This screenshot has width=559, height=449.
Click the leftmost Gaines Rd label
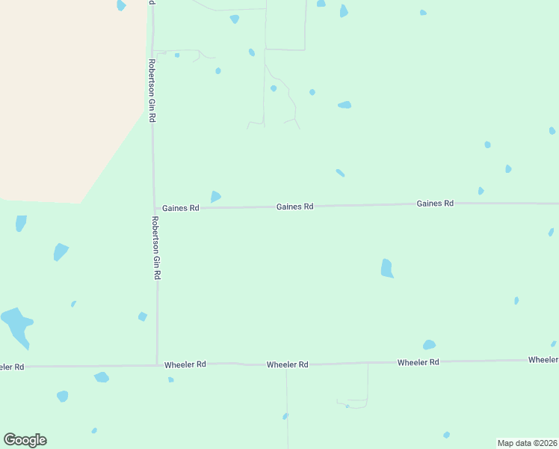coord(180,207)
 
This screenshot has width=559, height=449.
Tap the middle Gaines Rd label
coord(294,207)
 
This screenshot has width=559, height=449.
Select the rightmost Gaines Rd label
coord(435,204)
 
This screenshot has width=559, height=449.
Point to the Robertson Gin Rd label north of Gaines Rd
coord(152,91)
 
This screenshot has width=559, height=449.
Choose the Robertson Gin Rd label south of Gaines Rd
coord(155,248)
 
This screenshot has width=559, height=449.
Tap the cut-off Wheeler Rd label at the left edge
coord(12,367)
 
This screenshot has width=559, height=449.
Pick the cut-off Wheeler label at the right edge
coord(543,360)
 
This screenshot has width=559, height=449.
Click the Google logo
coord(25,440)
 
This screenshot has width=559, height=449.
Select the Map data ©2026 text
coord(527,442)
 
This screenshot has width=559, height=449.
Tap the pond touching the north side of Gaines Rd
coord(215,197)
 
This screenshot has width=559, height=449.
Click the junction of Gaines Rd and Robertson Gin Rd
coord(155,207)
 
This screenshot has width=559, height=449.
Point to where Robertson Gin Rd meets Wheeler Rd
coord(157,365)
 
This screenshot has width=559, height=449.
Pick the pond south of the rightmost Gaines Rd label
coord(386,269)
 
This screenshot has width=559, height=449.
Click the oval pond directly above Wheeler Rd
coord(429,345)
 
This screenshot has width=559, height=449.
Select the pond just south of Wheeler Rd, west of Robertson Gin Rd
coord(102,377)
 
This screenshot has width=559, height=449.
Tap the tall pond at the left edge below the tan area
coord(21,223)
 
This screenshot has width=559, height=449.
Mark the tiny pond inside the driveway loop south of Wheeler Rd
coord(347,406)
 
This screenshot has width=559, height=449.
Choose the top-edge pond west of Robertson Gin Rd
coord(121,5)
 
